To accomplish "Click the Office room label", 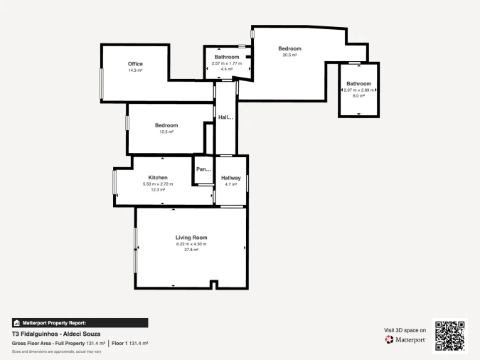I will click(135, 64).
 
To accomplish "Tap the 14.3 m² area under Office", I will click(135, 70).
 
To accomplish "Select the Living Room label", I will click(191, 237).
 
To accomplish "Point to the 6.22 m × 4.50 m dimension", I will click(191, 244).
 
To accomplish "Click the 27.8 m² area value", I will click(191, 250).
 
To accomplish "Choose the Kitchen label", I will click(158, 177).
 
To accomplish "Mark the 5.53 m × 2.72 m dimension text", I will click(158, 184).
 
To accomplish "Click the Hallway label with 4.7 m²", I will click(231, 177).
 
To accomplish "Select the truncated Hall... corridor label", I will click(225, 117).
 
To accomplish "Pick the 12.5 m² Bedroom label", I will click(166, 125).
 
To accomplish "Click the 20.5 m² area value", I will click(289, 55).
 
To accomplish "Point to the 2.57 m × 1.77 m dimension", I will click(227, 63).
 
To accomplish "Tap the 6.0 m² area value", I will click(359, 96).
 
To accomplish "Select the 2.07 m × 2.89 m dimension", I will click(359, 90).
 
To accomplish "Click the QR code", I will click(449, 336).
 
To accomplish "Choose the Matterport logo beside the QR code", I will click(406, 339).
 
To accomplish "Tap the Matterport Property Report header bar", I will click(80, 322).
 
